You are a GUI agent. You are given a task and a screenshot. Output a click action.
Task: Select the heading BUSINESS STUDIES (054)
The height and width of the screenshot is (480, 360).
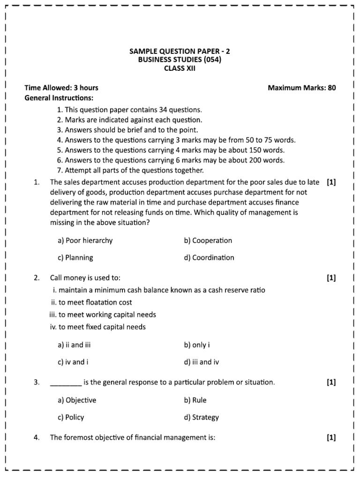point(180,60)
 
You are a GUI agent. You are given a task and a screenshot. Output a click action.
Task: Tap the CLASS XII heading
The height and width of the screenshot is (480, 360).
point(180,68)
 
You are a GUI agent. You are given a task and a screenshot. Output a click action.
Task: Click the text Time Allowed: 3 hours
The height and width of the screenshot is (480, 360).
point(61,88)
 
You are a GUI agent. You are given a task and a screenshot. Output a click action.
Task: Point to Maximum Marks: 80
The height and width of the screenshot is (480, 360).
point(301,88)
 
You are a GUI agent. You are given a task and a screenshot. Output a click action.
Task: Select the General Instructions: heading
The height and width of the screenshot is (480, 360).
point(59,98)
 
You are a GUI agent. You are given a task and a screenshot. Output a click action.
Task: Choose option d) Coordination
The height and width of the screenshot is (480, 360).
point(209,257)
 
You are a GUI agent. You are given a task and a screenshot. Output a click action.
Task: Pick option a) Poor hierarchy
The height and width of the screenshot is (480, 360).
point(85,240)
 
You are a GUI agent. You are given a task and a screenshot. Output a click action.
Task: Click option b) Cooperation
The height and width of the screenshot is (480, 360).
point(208,240)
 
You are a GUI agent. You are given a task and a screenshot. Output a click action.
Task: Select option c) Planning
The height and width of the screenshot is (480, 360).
point(75,257)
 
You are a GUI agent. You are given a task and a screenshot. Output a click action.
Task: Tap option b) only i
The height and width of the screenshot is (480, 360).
point(197,345)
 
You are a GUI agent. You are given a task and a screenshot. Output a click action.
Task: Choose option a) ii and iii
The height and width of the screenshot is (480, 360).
point(74,345)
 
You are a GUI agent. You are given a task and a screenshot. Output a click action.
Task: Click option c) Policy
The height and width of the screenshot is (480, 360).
point(71,417)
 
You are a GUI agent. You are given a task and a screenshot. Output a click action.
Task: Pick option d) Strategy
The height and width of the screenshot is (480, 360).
point(202,417)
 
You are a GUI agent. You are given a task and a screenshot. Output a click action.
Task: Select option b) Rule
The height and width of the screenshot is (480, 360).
point(195,400)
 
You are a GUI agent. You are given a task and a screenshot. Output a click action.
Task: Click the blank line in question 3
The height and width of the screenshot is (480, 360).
point(66,383)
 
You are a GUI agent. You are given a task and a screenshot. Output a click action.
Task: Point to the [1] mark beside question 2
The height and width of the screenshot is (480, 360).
point(331,278)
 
